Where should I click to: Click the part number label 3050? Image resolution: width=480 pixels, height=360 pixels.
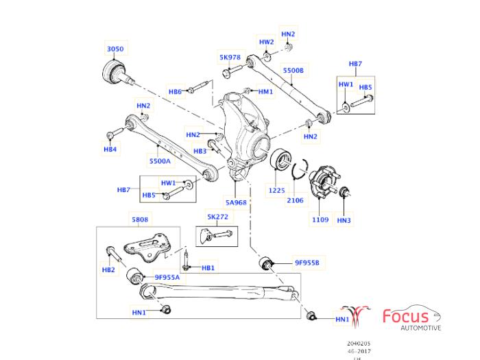(x=115, y=49)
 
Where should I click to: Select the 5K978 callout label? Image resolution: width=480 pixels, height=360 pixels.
(x=230, y=58)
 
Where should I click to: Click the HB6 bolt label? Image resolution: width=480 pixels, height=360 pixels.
(x=175, y=92)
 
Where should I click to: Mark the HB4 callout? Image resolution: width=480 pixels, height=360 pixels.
(x=110, y=149)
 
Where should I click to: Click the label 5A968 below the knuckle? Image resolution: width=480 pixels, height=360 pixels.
(x=236, y=203)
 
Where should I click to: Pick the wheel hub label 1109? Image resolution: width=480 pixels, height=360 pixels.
(x=321, y=220)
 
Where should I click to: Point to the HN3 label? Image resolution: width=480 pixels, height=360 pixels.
(x=344, y=220)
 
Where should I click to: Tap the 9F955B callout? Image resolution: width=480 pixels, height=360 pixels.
(x=307, y=262)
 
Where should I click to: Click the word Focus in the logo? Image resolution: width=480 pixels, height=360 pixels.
(x=406, y=317)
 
